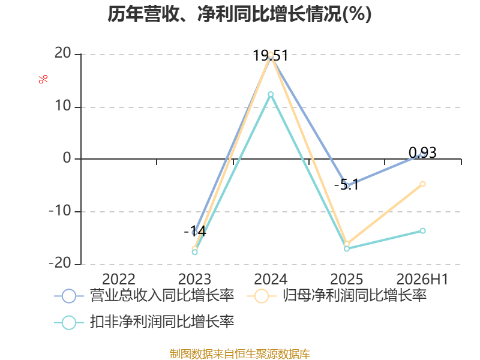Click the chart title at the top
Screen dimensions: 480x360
pyautogui.click(x=239, y=14)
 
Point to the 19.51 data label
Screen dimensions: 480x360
pyautogui.click(x=271, y=56)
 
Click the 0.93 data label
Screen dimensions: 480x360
pyautogui.click(x=422, y=152)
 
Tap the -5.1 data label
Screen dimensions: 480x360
pyautogui.click(x=346, y=185)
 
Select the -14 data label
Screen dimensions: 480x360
pyautogui.click(x=195, y=231)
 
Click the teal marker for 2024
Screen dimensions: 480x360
pyautogui.click(x=271, y=94)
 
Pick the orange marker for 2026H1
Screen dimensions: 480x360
pyautogui.click(x=423, y=184)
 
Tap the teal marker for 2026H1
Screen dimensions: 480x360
pyautogui.click(x=423, y=230)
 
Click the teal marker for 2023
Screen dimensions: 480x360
pyautogui.click(x=194, y=252)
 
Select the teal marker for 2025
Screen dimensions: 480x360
pyautogui.click(x=347, y=248)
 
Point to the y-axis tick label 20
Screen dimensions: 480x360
pyautogui.click(x=63, y=53)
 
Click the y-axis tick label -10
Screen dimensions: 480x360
pyautogui.click(x=60, y=211)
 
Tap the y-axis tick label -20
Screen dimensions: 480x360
pyautogui.click(x=60, y=263)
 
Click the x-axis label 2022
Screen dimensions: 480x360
pyautogui.click(x=118, y=280)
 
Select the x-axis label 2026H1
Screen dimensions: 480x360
pyautogui.click(x=422, y=280)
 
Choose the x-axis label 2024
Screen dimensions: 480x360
pyautogui.click(x=271, y=280)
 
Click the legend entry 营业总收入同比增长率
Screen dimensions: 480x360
pyautogui.click(x=144, y=296)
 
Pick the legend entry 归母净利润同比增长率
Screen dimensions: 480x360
pyautogui.click(x=337, y=296)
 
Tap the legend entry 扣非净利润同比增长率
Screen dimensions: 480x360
pyautogui.click(x=144, y=322)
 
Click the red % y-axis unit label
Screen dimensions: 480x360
pyautogui.click(x=43, y=79)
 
